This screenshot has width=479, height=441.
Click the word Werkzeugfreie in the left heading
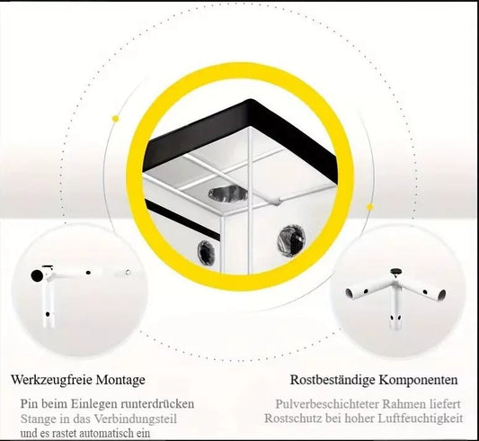coord(51,380)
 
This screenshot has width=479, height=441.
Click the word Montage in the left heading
coord(120,380)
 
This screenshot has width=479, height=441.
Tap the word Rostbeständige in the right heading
coord(333,380)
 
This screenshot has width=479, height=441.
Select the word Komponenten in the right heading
coord(419,380)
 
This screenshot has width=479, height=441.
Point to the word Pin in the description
coord(29,404)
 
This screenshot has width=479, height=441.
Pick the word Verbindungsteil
coord(136,418)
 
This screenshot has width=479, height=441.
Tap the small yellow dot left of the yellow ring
coord(115,119)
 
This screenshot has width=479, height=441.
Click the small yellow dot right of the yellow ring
coord(370,207)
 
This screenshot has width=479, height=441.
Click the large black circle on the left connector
coord(37,275)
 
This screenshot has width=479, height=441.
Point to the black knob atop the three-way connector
coord(396,271)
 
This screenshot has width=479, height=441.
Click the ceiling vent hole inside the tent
coord(228,193)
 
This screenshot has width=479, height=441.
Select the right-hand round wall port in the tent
coord(291,241)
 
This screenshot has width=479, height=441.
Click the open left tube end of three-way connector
coord(350,293)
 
